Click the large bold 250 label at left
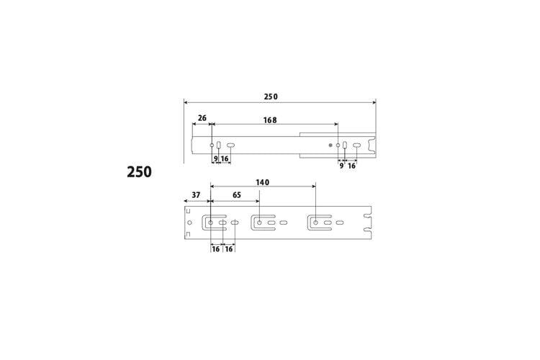pos(139,172)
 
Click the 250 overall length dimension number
pos(271,96)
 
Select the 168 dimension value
pos(270,120)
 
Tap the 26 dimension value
pos(202,118)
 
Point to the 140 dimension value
pos(262,182)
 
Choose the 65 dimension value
pos(237,195)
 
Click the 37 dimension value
pos(196,195)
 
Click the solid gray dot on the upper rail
pos(330,145)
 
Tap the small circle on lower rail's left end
pos(190,222)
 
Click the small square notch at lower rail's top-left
pos(188,210)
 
